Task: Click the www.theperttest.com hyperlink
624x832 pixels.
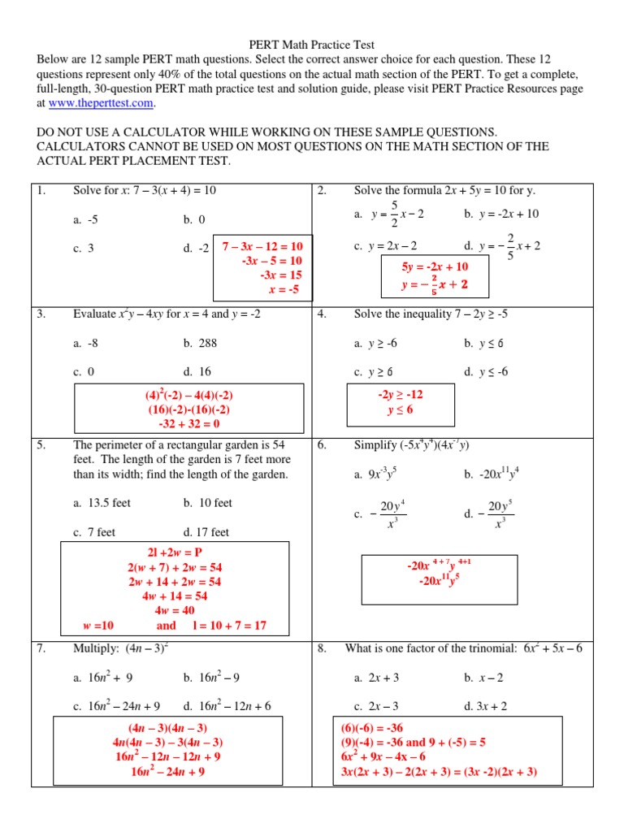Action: (x=101, y=103)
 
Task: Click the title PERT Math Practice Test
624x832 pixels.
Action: (x=311, y=45)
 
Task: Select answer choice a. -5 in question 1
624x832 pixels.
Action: (x=84, y=219)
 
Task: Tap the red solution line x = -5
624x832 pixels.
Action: (x=284, y=289)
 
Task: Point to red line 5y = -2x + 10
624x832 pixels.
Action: (x=435, y=266)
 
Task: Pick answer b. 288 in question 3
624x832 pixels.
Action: (x=201, y=343)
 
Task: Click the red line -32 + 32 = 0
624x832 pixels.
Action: (x=183, y=423)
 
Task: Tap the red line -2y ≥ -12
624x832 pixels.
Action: (x=401, y=394)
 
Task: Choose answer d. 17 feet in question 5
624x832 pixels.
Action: (x=206, y=532)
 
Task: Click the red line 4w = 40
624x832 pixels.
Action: (x=175, y=610)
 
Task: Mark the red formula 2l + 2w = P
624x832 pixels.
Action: (x=175, y=552)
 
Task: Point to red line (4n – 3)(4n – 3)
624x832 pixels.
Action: (x=168, y=728)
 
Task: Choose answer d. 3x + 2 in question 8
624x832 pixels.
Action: (x=486, y=706)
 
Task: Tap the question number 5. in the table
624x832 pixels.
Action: (x=41, y=445)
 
